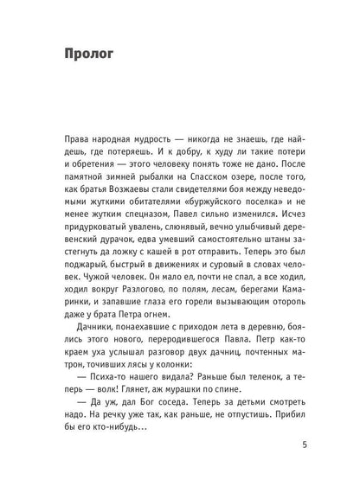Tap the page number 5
tap(302, 446)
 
